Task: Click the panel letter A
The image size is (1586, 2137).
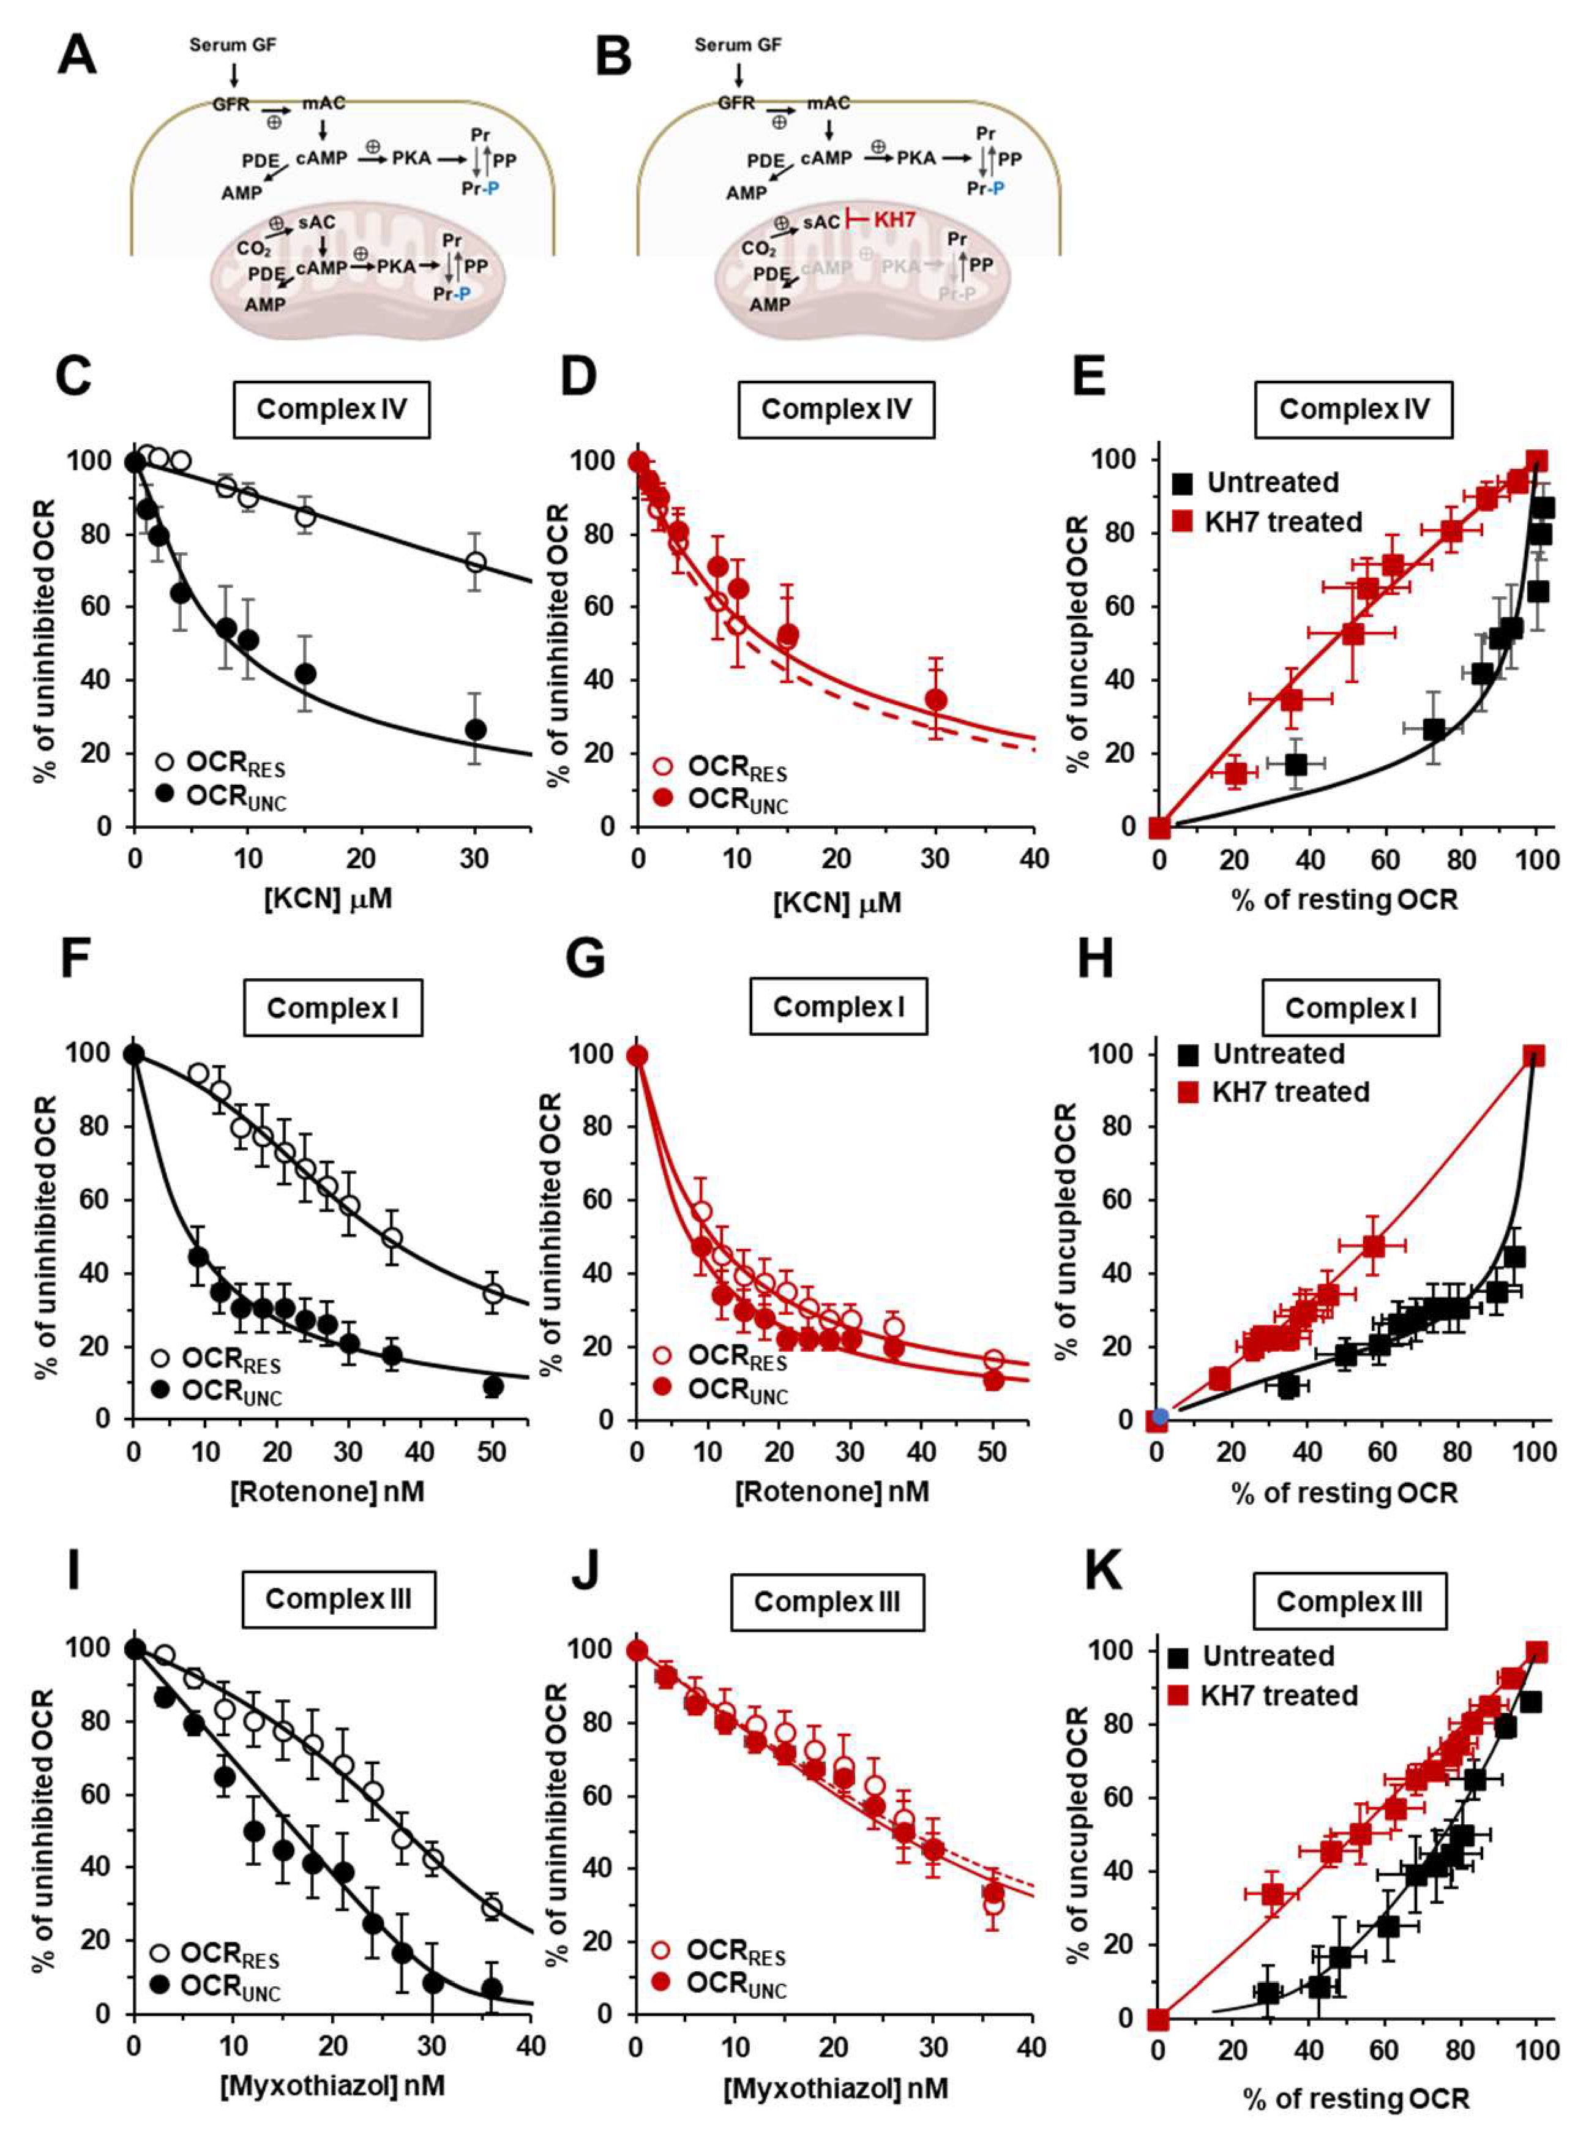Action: [77, 56]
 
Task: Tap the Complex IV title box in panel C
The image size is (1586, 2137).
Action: [331, 410]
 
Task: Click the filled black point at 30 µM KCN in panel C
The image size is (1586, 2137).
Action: [475, 730]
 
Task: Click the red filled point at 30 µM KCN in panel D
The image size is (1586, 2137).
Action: [936, 700]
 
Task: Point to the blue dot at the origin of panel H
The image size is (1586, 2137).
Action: [1160, 1416]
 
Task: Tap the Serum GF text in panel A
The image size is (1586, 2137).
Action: [233, 45]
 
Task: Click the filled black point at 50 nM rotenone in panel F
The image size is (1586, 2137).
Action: [493, 1387]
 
